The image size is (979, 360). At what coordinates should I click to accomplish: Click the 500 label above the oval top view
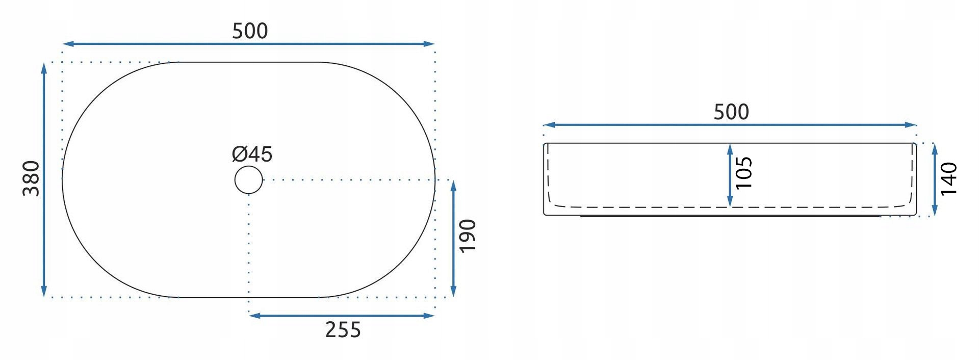point(250,31)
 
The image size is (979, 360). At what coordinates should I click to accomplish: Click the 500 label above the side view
point(731,112)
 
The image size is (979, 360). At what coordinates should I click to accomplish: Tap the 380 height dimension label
point(32,178)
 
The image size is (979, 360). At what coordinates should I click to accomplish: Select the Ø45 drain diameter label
point(252,153)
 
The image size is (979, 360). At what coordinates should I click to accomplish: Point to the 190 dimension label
point(468,236)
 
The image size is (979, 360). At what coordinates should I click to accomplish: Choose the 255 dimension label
point(343,330)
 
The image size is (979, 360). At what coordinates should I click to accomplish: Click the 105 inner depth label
point(744,172)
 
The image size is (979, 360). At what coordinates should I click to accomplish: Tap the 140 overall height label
point(949,178)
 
